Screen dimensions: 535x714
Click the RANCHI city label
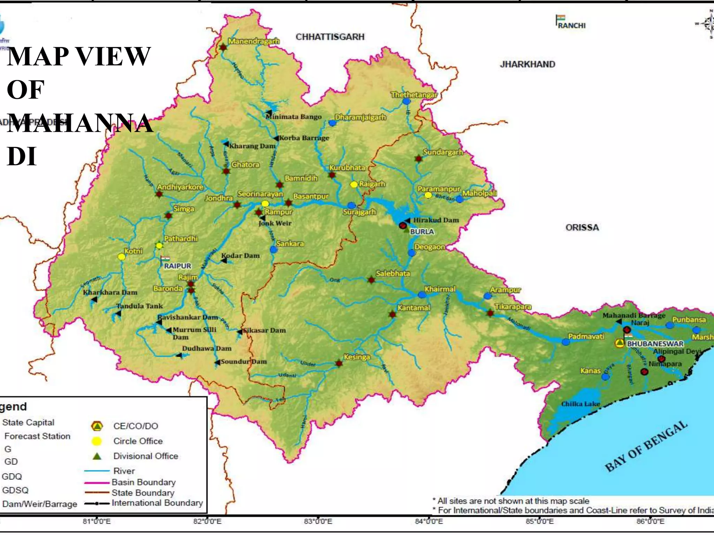click(x=571, y=25)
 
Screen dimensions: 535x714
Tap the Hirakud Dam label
click(x=436, y=220)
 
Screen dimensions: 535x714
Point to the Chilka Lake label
click(x=580, y=404)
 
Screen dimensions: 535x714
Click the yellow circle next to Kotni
click(x=121, y=257)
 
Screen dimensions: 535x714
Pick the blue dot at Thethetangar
click(x=406, y=101)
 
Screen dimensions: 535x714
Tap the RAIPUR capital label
click(x=177, y=266)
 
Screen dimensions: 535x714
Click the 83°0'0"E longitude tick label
click(x=318, y=521)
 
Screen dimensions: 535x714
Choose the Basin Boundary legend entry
click(x=143, y=482)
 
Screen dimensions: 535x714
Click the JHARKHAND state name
click(x=527, y=64)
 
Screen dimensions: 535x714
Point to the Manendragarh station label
click(x=254, y=41)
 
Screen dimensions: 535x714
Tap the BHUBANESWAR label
click(x=655, y=344)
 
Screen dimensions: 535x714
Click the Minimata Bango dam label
click(x=294, y=117)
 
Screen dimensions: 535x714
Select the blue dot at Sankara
click(x=273, y=249)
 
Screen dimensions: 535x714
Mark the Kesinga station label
click(x=357, y=357)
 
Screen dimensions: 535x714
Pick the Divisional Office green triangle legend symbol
click(x=97, y=456)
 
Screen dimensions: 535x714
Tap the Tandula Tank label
click(x=139, y=306)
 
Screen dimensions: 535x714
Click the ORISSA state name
click(x=582, y=227)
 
